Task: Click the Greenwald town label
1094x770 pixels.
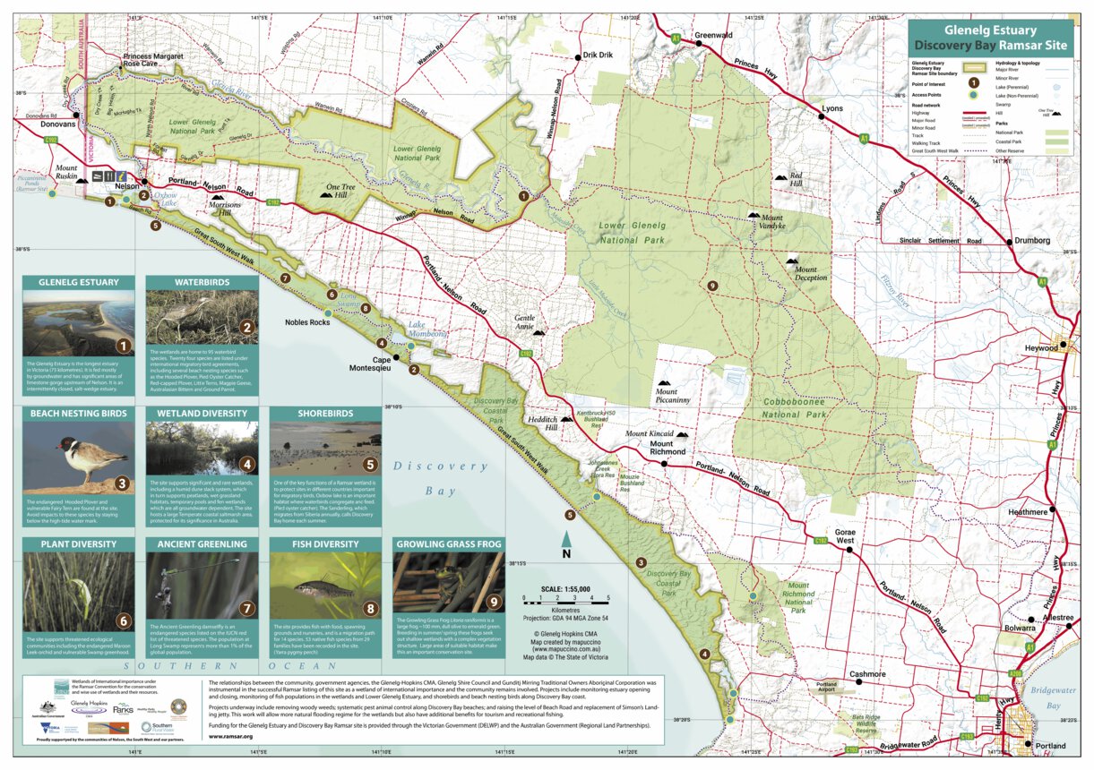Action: click(713, 35)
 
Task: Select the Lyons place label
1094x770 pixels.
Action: click(832, 108)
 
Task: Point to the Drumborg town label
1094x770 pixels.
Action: click(1033, 241)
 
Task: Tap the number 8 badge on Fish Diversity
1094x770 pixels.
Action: click(371, 608)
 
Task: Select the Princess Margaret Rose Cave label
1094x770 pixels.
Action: click(152, 60)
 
